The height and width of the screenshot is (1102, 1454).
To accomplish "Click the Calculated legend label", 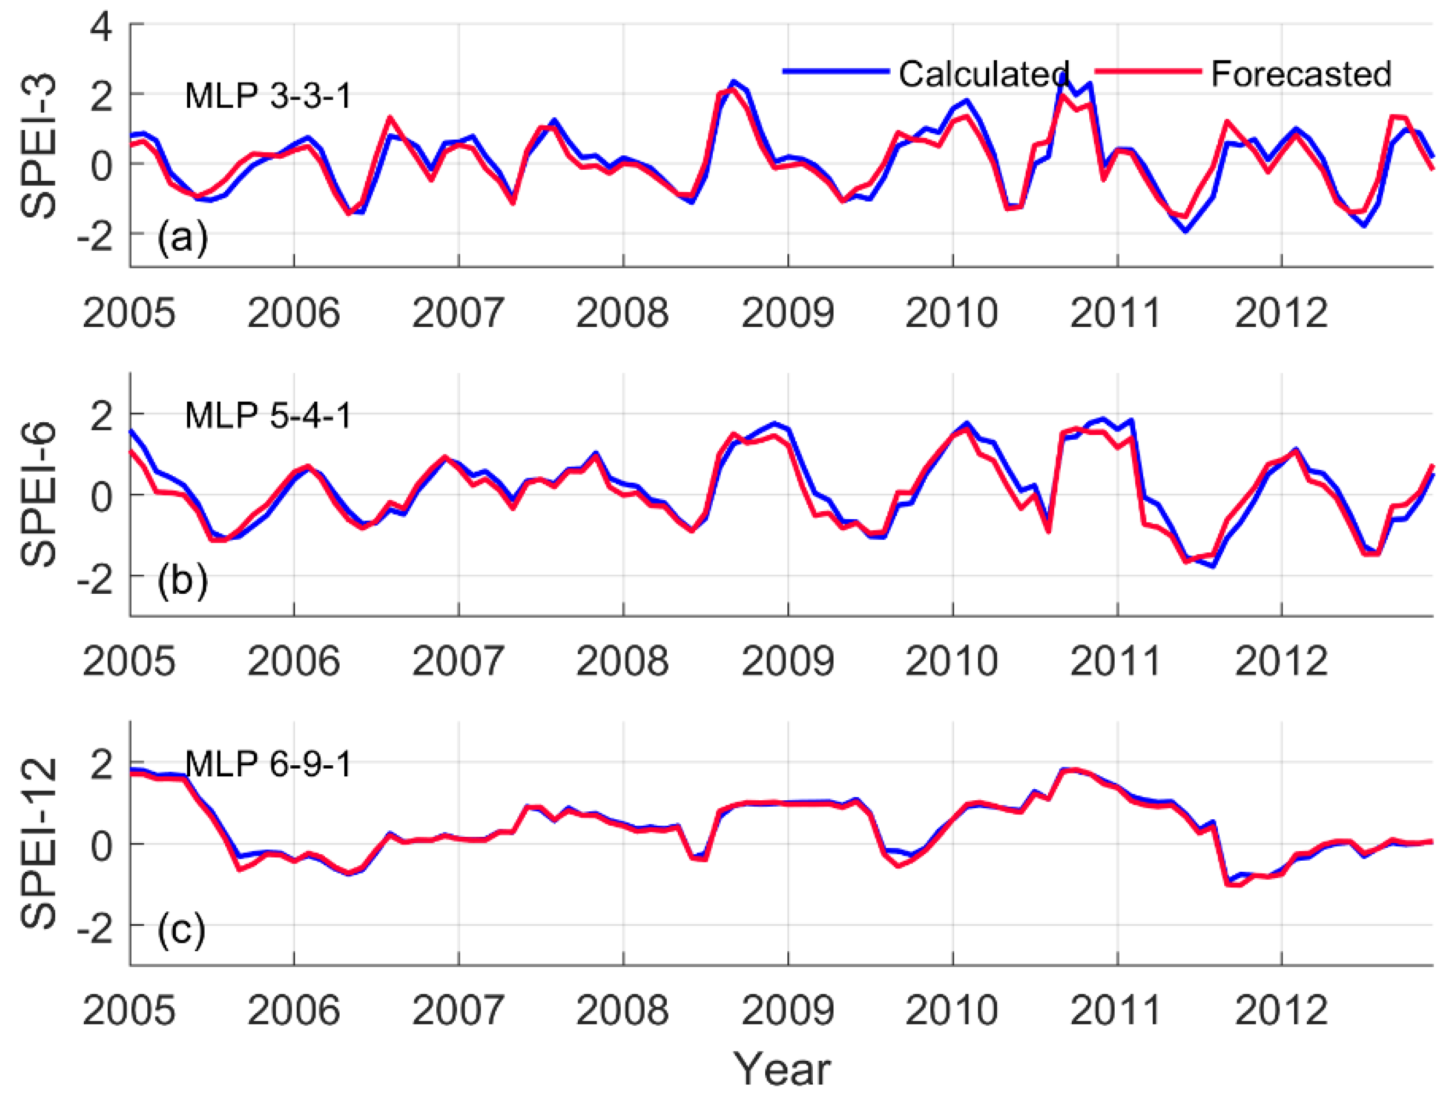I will click(x=983, y=74).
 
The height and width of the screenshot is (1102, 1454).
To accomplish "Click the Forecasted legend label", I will click(x=1301, y=74).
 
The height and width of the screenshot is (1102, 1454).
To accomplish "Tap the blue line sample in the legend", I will click(x=836, y=71).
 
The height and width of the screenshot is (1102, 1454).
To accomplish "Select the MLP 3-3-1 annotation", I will click(x=268, y=96).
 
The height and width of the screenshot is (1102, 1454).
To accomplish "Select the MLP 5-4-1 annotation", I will click(x=268, y=416).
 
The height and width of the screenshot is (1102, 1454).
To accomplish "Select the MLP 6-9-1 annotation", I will click(x=268, y=764).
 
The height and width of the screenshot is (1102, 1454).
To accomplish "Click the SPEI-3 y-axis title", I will click(x=38, y=146).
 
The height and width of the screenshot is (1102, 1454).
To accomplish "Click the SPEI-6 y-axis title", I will click(x=38, y=494).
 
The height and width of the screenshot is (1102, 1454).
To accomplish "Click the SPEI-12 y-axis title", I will click(x=38, y=844).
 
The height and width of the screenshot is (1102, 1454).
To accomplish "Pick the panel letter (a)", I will click(x=182, y=237).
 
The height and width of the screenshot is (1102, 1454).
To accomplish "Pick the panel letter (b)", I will click(x=182, y=581).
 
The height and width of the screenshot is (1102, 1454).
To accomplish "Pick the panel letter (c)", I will click(x=181, y=930).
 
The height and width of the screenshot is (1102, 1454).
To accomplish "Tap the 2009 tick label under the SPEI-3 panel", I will click(x=787, y=313).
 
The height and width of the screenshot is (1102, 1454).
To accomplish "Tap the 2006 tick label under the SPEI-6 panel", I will click(x=293, y=662).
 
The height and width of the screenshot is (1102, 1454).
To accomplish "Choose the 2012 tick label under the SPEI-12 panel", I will click(x=1281, y=1011).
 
